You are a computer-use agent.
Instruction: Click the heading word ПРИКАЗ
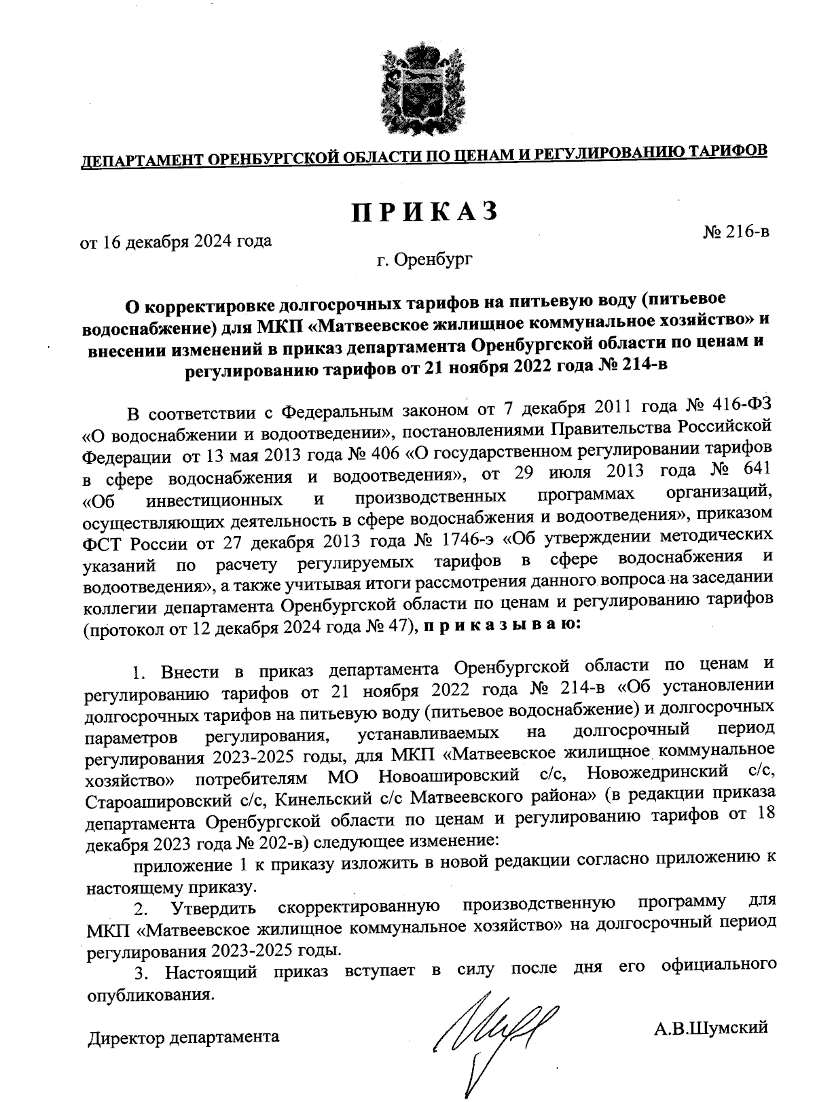click(424, 212)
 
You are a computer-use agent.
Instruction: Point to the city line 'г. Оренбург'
click(426, 259)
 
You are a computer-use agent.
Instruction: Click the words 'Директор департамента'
click(183, 1037)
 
